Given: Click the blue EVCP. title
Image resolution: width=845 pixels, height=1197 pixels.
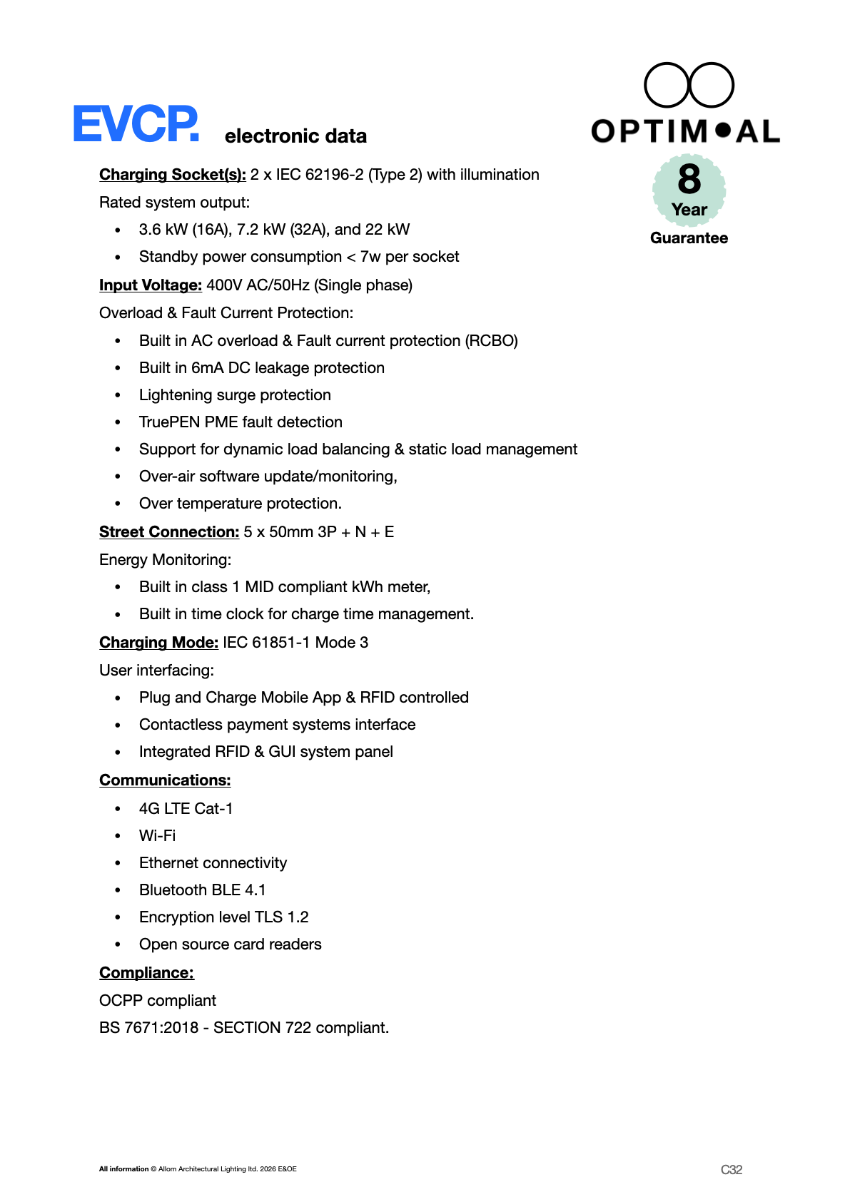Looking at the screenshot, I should coord(136,124).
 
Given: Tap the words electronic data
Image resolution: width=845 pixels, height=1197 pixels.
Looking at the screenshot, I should coord(295,136).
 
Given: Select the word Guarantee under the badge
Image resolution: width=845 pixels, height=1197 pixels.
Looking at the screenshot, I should coord(689,238).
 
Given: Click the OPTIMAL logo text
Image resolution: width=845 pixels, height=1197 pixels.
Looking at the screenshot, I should coord(685,131).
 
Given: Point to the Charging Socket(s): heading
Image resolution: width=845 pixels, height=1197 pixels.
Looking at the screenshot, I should coord(172,175).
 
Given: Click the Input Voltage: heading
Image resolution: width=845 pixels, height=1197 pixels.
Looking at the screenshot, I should coord(151,285).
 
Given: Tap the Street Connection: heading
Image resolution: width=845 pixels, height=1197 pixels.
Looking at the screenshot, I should coord(169,532).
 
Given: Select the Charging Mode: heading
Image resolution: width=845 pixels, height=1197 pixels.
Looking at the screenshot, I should coord(158,643).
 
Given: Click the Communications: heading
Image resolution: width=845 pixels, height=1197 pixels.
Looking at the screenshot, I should coord(165,780).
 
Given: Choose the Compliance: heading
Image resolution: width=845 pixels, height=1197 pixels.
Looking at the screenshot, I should coord(146,973).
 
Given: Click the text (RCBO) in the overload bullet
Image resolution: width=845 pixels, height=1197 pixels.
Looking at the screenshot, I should coord(492,341).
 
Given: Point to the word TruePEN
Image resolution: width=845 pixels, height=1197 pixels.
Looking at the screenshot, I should coord(169,422).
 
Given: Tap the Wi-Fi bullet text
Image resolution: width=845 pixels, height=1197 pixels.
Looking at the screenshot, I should coord(157,835).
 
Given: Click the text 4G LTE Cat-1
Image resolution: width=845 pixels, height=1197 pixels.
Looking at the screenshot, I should coord(186,808).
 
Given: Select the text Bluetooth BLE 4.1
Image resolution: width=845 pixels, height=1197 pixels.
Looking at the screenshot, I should coord(202,890).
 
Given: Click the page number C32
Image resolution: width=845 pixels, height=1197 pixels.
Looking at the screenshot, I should coord(732,1169).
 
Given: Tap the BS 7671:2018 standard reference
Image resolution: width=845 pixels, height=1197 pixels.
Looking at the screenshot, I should coord(148,1028).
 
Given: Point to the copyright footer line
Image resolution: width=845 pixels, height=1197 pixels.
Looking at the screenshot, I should coord(198,1169).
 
